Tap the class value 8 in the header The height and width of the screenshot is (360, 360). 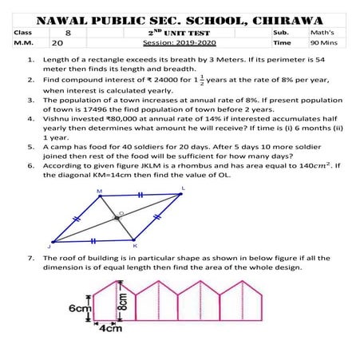click(69, 34)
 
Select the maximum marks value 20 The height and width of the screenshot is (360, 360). click(58, 45)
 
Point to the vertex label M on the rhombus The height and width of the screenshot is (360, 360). click(99, 192)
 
